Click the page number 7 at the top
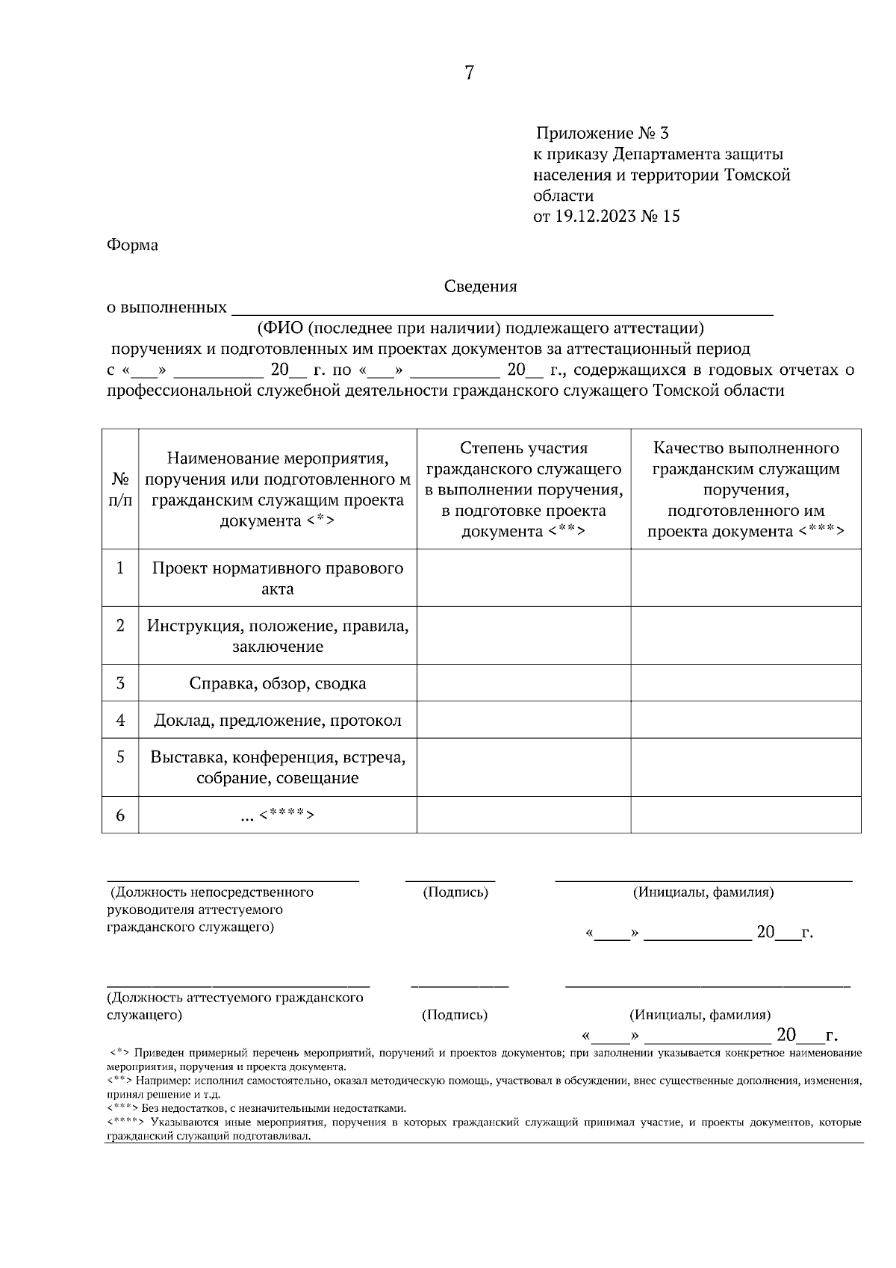click(x=469, y=73)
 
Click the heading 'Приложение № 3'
click(x=602, y=134)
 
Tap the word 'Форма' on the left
click(x=132, y=245)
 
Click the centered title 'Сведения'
click(x=480, y=287)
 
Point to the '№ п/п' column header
click(x=120, y=489)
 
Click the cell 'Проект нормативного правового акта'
click(x=278, y=578)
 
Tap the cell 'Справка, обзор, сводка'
click(x=278, y=683)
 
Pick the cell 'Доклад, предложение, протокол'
click(x=278, y=721)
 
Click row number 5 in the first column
click(x=120, y=757)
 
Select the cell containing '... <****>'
click(x=278, y=815)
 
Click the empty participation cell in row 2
click(x=523, y=635)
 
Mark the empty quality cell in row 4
click(x=745, y=720)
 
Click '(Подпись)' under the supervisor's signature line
click(x=455, y=892)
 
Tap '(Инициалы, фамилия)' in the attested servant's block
click(x=700, y=1015)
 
